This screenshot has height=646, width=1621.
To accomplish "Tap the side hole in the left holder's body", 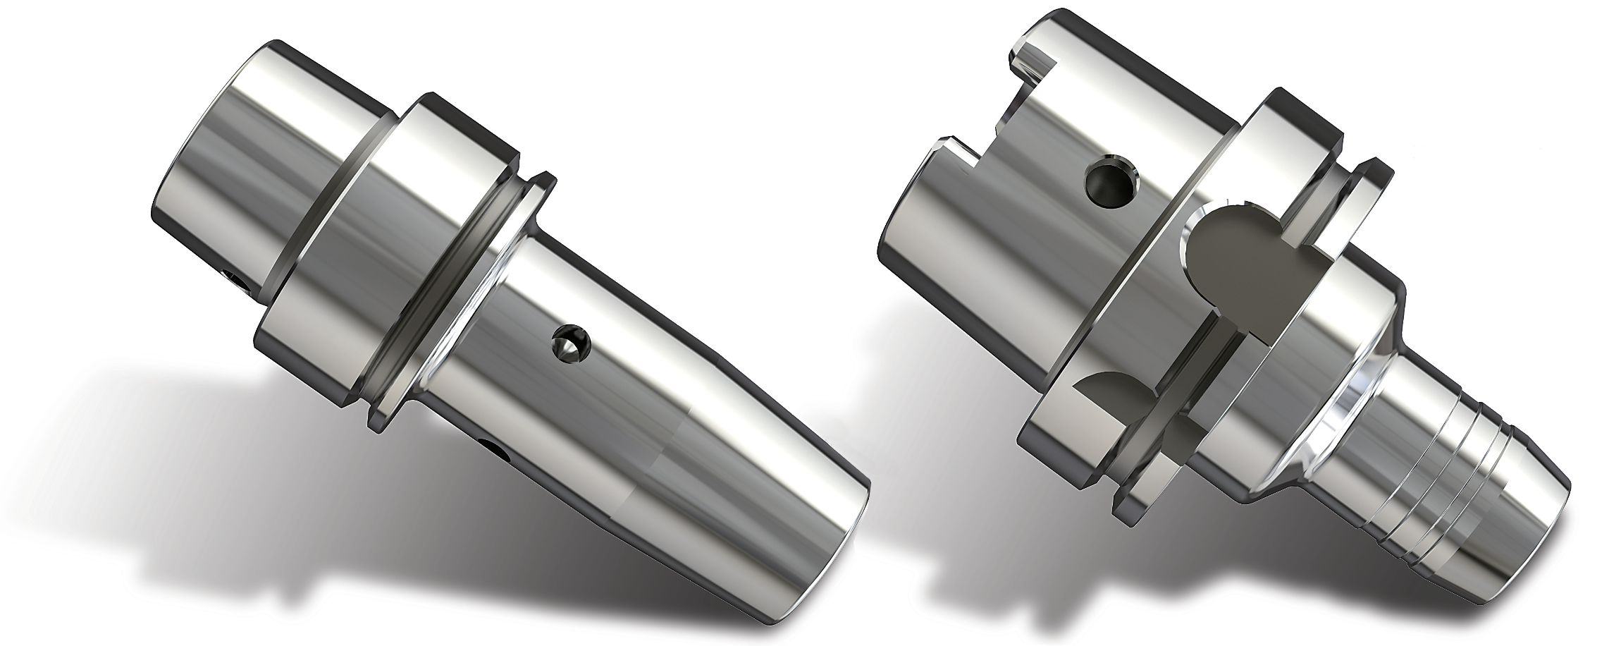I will (x=569, y=344).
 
